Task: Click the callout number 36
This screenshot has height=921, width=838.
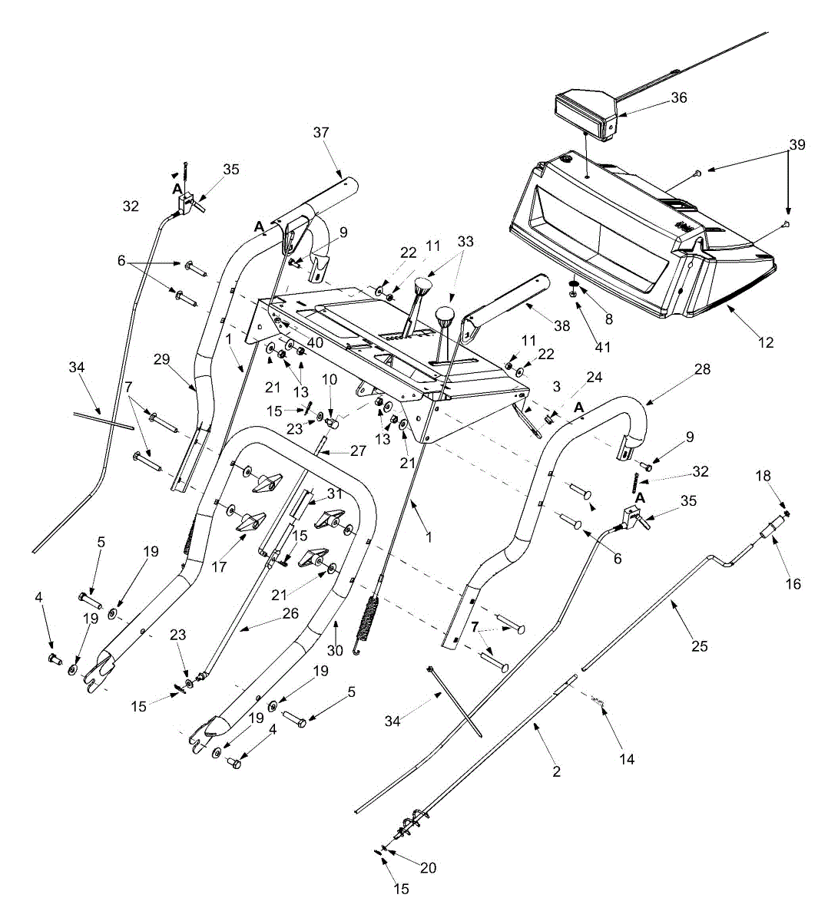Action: point(678,97)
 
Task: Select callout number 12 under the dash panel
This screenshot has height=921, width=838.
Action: point(765,342)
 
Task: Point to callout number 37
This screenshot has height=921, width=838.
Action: point(321,132)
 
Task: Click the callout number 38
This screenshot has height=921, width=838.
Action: point(561,325)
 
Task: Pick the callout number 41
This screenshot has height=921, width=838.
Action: point(603,347)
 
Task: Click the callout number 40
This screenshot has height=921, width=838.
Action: point(315,342)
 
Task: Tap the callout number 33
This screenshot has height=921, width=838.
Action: point(465,241)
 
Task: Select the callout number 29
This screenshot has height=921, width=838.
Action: point(161,359)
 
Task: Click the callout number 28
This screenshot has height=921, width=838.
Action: point(702,368)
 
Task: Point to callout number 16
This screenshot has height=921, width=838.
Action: point(793,584)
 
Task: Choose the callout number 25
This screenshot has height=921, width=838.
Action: point(699,646)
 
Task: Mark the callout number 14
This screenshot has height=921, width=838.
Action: point(627,759)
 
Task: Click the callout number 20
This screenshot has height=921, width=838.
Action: point(428,868)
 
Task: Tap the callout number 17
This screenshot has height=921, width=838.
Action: point(219,567)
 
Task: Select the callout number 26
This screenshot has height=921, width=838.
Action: point(290,613)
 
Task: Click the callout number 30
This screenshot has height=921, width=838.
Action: point(335,651)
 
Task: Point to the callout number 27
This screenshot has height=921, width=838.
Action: point(358,451)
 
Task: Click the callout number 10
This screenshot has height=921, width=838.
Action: point(330,379)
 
